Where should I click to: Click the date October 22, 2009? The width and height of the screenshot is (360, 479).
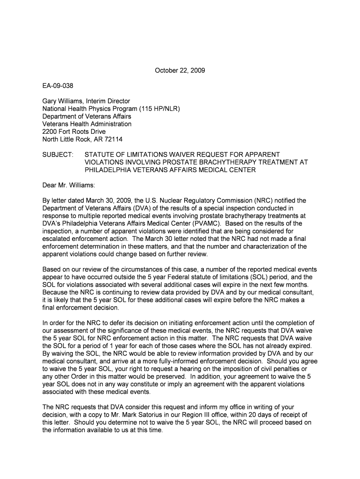tap(180, 71)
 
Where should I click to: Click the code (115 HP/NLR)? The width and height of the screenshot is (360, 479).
tap(154, 109)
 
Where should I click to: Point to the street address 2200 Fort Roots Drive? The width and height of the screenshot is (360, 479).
tap(74, 131)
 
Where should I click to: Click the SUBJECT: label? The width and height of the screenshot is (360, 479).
tap(58, 154)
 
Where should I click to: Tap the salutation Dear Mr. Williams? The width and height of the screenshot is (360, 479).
tap(69, 185)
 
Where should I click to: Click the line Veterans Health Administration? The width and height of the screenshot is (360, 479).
tap(87, 124)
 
